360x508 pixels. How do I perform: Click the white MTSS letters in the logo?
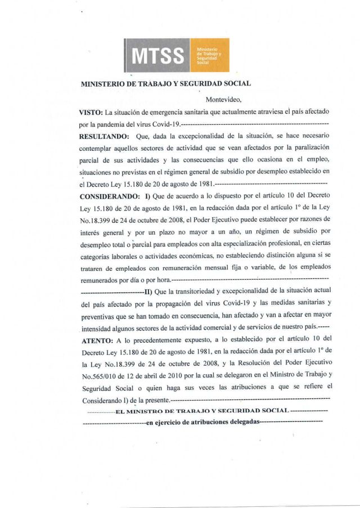click(158, 56)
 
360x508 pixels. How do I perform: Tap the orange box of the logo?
click(210, 56)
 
